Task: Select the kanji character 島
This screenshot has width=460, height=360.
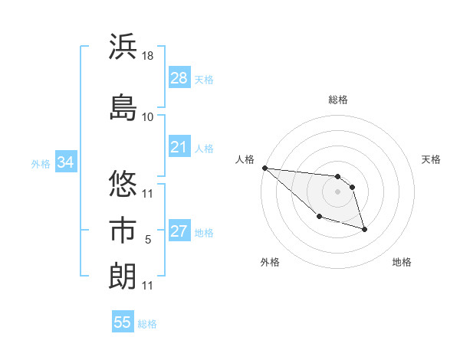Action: (123, 108)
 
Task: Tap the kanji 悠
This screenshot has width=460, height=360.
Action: (123, 185)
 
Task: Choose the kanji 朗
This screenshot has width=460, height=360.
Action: (123, 277)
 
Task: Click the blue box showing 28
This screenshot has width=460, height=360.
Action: (179, 78)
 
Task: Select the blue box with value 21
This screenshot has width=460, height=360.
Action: (179, 147)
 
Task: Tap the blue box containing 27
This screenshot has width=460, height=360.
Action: (179, 231)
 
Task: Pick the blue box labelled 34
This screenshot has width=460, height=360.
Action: (65, 162)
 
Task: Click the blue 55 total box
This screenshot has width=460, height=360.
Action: (123, 322)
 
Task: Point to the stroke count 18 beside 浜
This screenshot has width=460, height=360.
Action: (148, 56)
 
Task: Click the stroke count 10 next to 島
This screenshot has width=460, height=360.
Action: (148, 116)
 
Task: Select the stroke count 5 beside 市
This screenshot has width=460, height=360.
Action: (148, 240)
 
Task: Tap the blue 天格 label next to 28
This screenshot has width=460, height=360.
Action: (204, 79)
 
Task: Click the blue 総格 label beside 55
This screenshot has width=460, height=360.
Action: (147, 323)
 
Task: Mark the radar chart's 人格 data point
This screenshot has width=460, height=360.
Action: (264, 168)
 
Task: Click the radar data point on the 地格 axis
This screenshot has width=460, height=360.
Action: (364, 229)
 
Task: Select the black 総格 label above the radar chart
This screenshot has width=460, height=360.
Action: (337, 100)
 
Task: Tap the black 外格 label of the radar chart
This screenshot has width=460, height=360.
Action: (270, 262)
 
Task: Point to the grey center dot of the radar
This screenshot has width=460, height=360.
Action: (337, 191)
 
